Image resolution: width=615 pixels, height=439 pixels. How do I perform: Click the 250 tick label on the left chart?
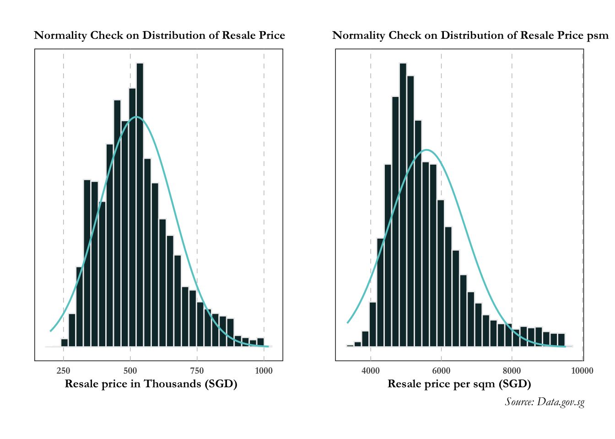(x=63, y=371)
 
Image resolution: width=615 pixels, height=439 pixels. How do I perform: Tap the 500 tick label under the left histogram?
(x=130, y=371)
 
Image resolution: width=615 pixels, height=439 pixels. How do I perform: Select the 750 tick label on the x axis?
(x=197, y=371)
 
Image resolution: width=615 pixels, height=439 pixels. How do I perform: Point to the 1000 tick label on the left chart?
(x=264, y=371)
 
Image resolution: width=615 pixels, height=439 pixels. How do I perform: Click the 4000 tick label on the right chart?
(x=371, y=371)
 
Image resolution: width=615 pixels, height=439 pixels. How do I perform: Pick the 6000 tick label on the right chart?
(x=441, y=371)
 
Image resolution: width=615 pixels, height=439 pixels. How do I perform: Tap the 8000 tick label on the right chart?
(x=512, y=371)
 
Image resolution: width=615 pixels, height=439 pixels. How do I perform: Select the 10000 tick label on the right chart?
(x=582, y=371)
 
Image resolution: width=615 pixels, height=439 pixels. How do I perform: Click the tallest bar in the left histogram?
(x=140, y=206)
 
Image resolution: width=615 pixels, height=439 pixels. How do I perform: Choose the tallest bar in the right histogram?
(x=403, y=206)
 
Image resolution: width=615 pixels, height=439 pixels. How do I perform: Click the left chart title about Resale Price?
(x=159, y=36)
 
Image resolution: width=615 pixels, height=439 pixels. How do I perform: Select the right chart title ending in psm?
(x=470, y=36)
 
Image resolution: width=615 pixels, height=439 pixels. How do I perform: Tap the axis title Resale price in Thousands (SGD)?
(x=151, y=384)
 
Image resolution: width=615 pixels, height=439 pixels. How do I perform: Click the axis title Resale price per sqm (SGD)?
(x=459, y=384)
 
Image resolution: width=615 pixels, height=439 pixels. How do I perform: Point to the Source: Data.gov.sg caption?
(x=545, y=402)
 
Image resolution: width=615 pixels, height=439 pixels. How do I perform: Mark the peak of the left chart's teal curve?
(x=136, y=117)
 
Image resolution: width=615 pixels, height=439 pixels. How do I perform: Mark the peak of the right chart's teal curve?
(x=426, y=150)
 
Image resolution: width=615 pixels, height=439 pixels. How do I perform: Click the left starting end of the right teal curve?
(x=347, y=323)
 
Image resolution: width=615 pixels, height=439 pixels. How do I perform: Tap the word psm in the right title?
(x=598, y=36)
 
